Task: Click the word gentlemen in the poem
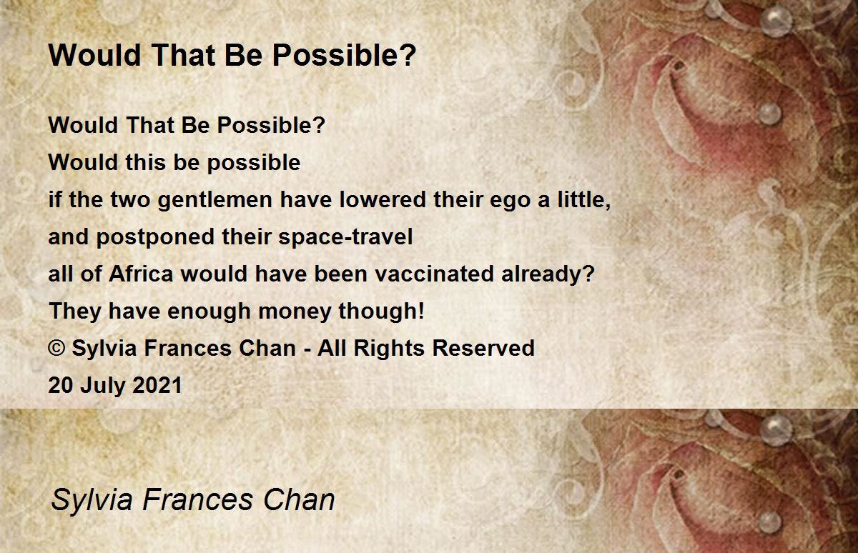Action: click(215, 201)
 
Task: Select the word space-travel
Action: click(345, 237)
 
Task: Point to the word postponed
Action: click(155, 237)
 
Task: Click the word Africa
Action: click(141, 274)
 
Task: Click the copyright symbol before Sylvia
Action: click(56, 348)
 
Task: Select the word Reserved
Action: click(483, 348)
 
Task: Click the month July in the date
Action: click(103, 386)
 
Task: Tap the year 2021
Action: click(157, 385)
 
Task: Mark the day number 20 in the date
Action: click(61, 385)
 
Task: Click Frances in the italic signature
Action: click(198, 499)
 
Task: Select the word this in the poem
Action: click(145, 162)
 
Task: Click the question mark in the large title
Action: click(409, 55)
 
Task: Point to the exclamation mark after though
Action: click(421, 310)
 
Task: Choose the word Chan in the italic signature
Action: click(299, 499)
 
